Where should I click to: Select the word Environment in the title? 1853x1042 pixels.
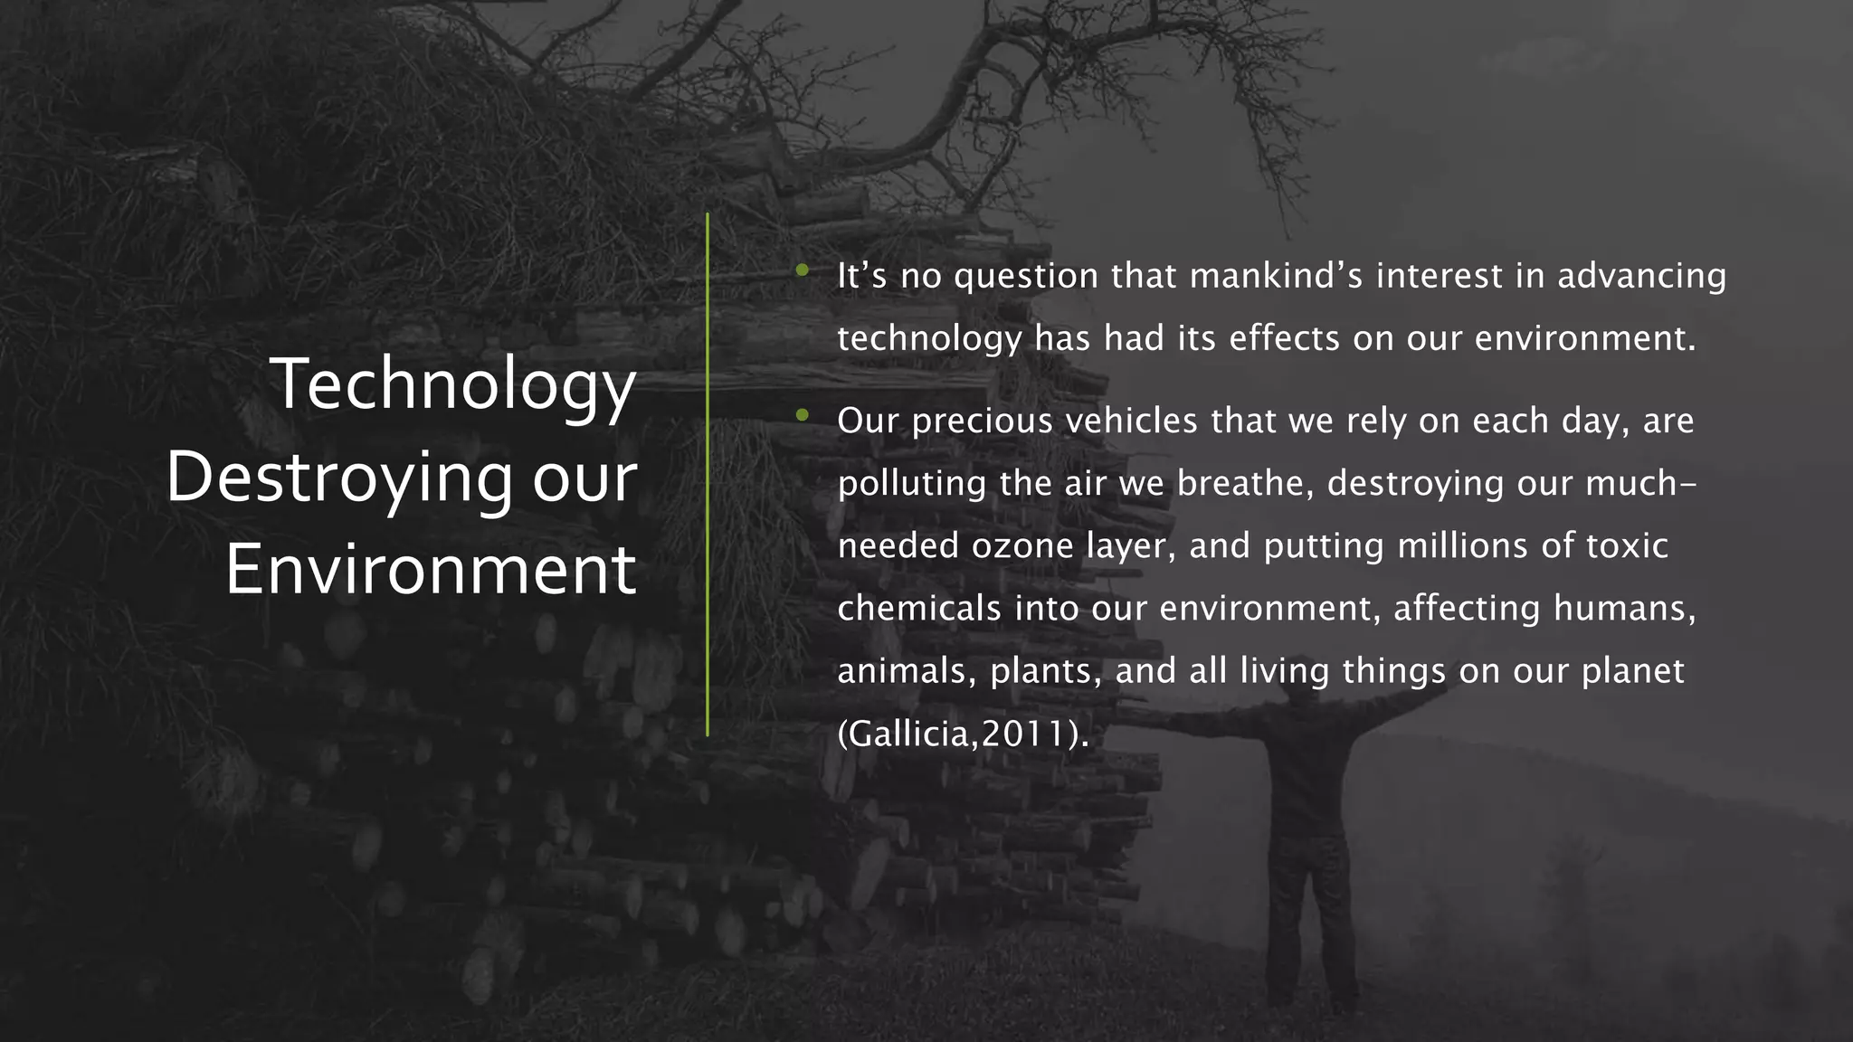pyautogui.click(x=431, y=571)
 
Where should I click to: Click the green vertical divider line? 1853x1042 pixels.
pyautogui.click(x=708, y=475)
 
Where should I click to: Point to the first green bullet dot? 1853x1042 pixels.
pyautogui.click(x=802, y=270)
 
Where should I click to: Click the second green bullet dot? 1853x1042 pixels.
pyautogui.click(x=802, y=415)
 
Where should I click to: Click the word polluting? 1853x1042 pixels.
pyautogui.click(x=912, y=484)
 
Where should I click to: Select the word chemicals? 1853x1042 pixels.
pyautogui.click(x=919, y=608)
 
